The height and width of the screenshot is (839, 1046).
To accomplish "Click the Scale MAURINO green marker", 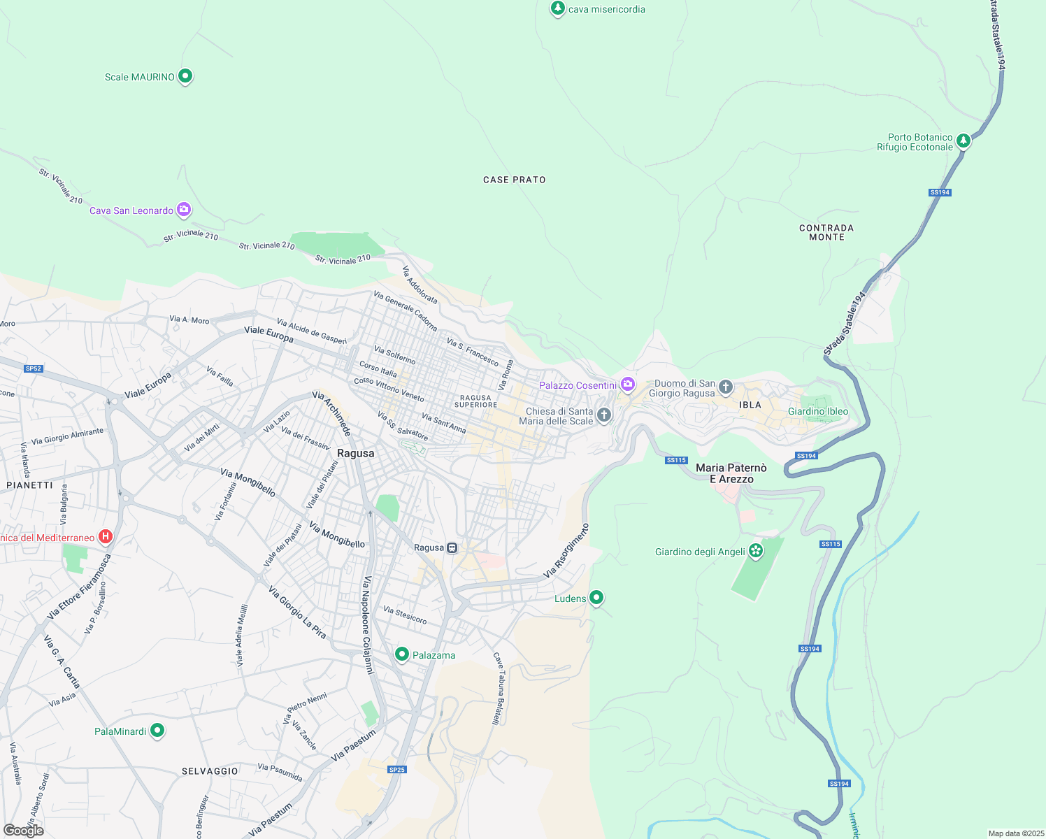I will click(185, 76).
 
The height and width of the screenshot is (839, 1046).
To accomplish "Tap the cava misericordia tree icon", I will click(557, 8).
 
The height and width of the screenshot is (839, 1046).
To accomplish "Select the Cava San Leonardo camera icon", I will click(184, 209).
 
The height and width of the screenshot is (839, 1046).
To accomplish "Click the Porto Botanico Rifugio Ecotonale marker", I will click(963, 141).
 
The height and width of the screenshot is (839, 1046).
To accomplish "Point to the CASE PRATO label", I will click(514, 180).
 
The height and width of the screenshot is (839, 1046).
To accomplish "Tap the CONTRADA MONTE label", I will click(826, 233).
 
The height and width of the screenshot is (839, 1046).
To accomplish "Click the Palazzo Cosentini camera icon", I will click(628, 384).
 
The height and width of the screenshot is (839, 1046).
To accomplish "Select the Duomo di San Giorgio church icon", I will click(726, 386).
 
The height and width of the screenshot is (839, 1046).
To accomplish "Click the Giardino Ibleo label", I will click(817, 411).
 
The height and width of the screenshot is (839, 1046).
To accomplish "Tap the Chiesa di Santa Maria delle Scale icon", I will click(604, 415).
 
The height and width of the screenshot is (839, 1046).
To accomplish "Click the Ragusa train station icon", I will click(452, 547).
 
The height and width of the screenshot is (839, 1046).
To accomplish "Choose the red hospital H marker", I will click(106, 537).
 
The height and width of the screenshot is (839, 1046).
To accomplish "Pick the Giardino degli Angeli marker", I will click(756, 551).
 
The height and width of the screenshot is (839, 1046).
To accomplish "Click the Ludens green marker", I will click(596, 597).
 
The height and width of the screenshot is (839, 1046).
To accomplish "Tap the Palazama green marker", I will click(402, 654).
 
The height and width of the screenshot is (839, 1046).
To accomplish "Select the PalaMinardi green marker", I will click(157, 731).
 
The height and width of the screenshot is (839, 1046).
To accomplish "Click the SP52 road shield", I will click(34, 368).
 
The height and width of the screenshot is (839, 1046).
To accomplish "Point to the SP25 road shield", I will click(396, 769).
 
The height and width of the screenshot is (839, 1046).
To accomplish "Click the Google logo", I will click(24, 831).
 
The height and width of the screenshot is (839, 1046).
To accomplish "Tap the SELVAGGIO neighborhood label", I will click(210, 771).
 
